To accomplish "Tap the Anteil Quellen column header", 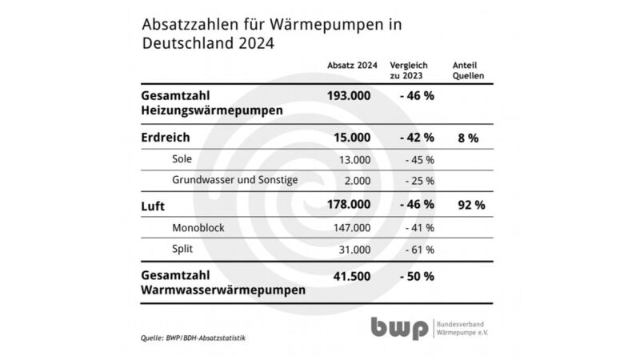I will (470, 71).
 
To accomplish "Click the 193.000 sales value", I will (349, 96).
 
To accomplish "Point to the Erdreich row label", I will (165, 138).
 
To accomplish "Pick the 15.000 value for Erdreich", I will (352, 138).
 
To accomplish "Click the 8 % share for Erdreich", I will (467, 138).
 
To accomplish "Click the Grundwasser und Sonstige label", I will (235, 179).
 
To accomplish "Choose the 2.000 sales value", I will (355, 180).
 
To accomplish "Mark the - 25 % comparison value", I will (418, 180).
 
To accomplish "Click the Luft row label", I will (152, 206).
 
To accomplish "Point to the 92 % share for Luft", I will (470, 205).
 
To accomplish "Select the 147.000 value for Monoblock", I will (352, 228).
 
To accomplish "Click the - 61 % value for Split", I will (418, 250).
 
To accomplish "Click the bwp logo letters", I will (398, 328).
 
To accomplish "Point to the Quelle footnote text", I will (193, 338).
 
